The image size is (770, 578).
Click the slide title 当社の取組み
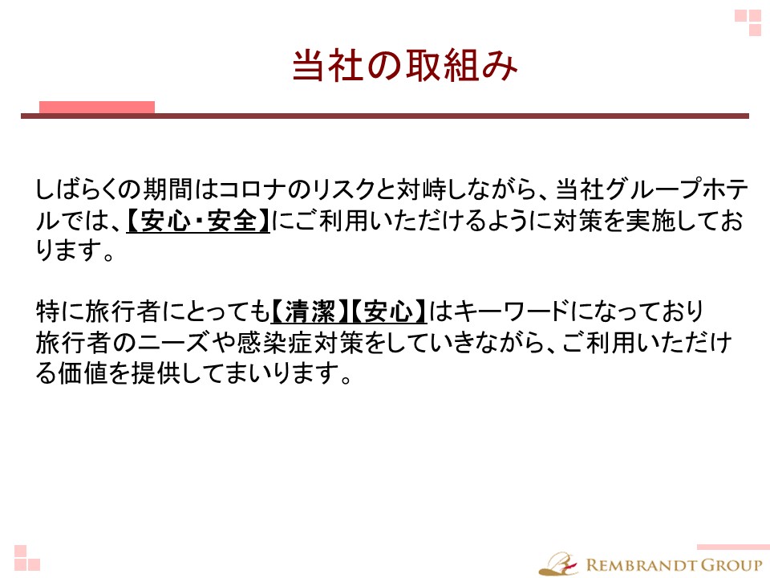point(404,65)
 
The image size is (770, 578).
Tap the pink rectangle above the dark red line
point(97,107)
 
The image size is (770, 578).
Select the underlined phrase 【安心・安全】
point(198,221)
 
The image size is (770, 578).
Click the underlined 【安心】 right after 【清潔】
point(388,311)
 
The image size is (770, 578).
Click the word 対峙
point(422,189)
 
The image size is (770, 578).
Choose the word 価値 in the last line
point(83,373)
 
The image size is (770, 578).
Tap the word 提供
point(156,373)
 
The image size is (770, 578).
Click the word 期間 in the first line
point(167,189)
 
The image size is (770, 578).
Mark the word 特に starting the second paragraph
point(60,311)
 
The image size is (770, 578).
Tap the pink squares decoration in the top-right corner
point(748,22)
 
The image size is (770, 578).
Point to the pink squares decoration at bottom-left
point(27,558)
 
